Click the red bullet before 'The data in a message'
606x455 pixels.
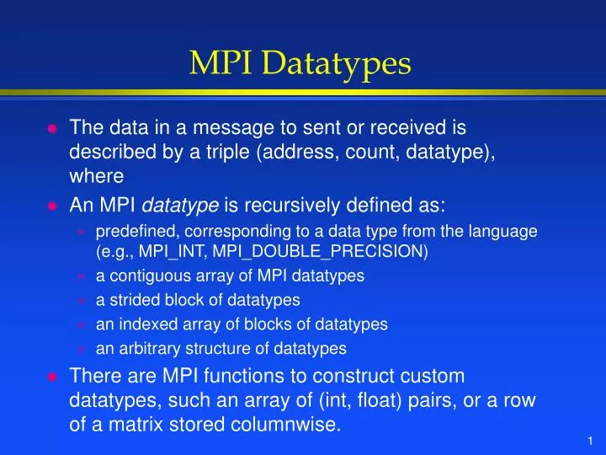(51, 129)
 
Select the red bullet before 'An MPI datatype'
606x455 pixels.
(51, 205)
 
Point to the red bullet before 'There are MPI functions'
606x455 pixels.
(51, 377)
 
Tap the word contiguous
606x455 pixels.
(145, 276)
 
